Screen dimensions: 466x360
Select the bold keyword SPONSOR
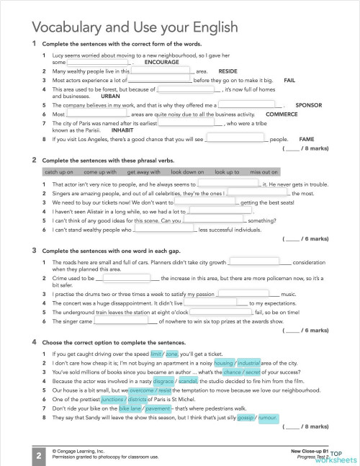coord(310,105)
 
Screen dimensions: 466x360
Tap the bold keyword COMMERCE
coord(282,115)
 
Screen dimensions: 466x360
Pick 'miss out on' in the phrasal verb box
coord(264,173)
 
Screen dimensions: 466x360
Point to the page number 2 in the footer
coord(37,455)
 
